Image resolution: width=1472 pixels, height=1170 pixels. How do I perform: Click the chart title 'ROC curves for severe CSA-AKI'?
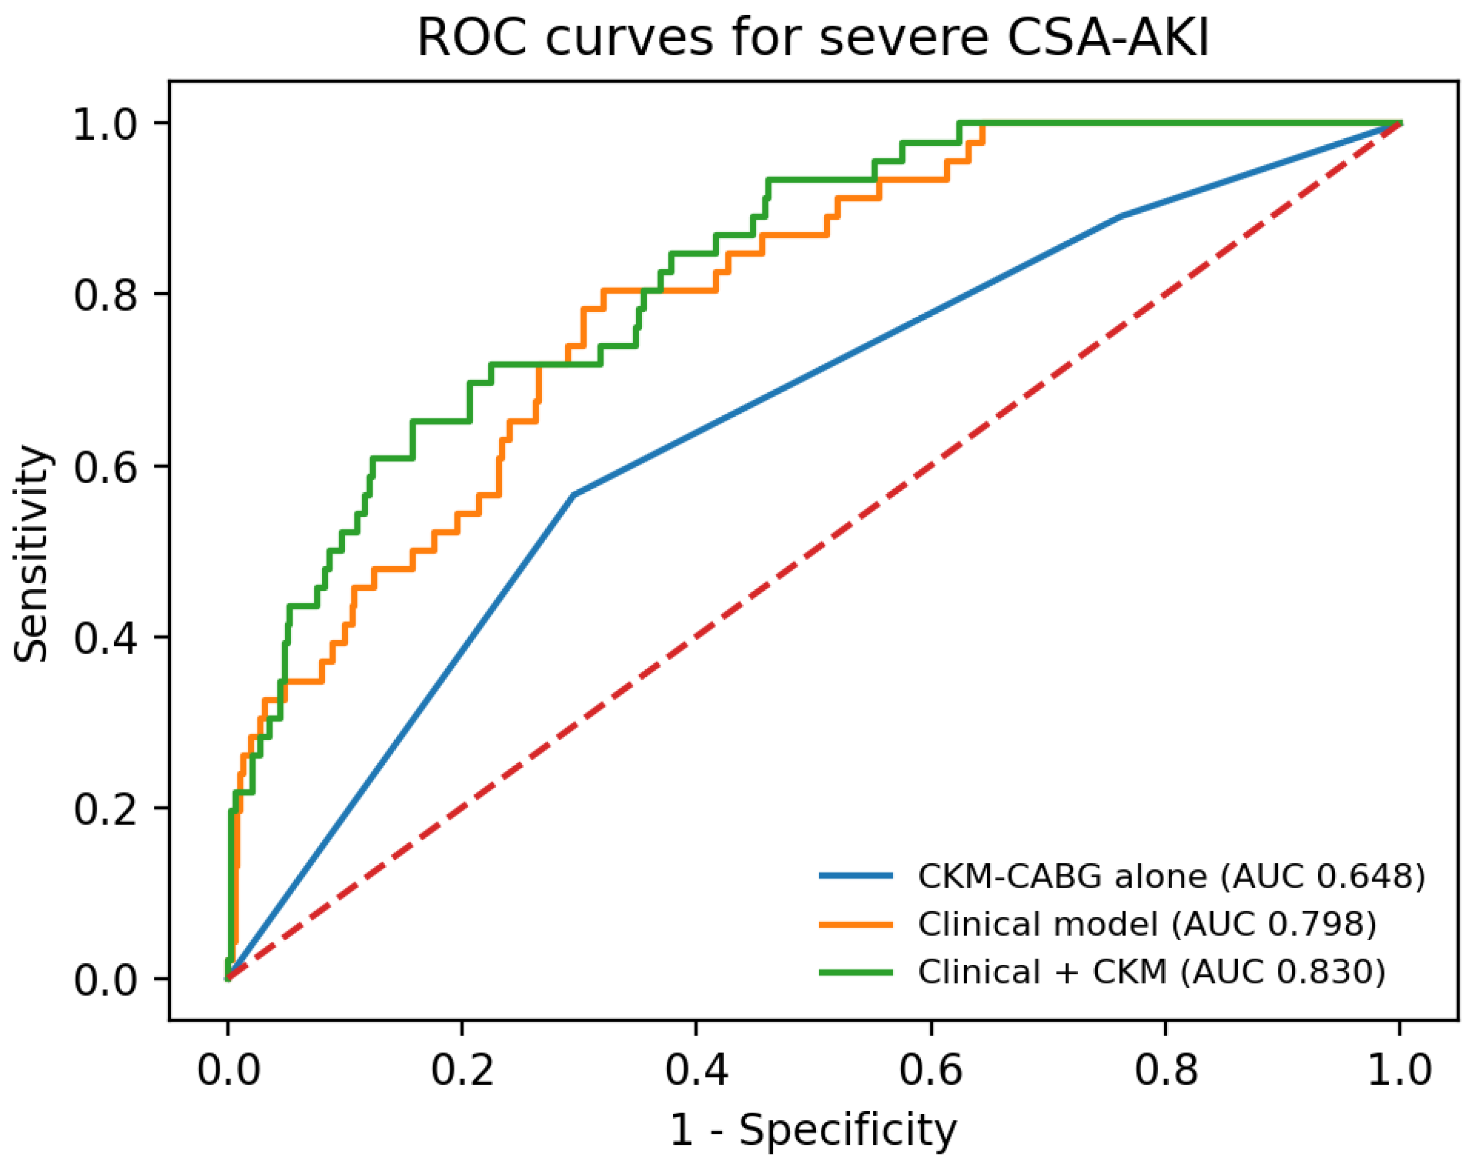[813, 38]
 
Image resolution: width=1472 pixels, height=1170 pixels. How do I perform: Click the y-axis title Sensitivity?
[31, 554]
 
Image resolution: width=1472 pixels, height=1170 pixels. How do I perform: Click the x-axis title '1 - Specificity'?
[813, 1130]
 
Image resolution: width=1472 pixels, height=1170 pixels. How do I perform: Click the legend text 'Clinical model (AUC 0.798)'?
[1147, 924]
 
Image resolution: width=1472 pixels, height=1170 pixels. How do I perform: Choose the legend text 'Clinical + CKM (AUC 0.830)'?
[1152, 972]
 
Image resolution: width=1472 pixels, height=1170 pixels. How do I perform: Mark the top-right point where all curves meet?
[1400, 123]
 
